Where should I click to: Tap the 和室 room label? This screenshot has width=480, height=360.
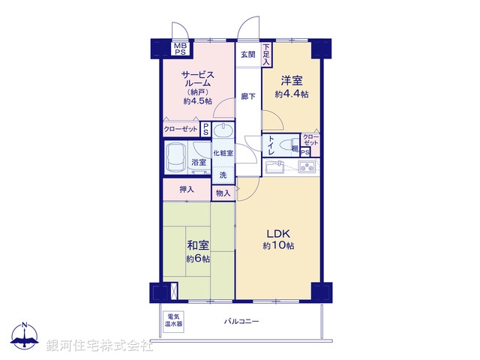[198, 251]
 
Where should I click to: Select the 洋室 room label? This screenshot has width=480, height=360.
[292, 86]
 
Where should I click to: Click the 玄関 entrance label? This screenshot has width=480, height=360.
[248, 54]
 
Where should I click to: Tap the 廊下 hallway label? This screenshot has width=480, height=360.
[248, 96]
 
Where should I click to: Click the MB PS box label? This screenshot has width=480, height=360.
[181, 49]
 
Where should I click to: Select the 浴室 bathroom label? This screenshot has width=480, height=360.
[198, 162]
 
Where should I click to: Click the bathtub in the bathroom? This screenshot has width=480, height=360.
[178, 157]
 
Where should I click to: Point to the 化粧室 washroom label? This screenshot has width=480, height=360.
[223, 153]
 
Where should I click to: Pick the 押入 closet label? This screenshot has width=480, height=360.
[187, 190]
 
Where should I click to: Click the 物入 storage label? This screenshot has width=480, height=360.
[223, 193]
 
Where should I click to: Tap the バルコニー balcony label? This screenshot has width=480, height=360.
[241, 321]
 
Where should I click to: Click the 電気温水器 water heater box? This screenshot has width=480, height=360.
[175, 321]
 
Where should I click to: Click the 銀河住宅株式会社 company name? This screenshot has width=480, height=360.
[100, 346]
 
